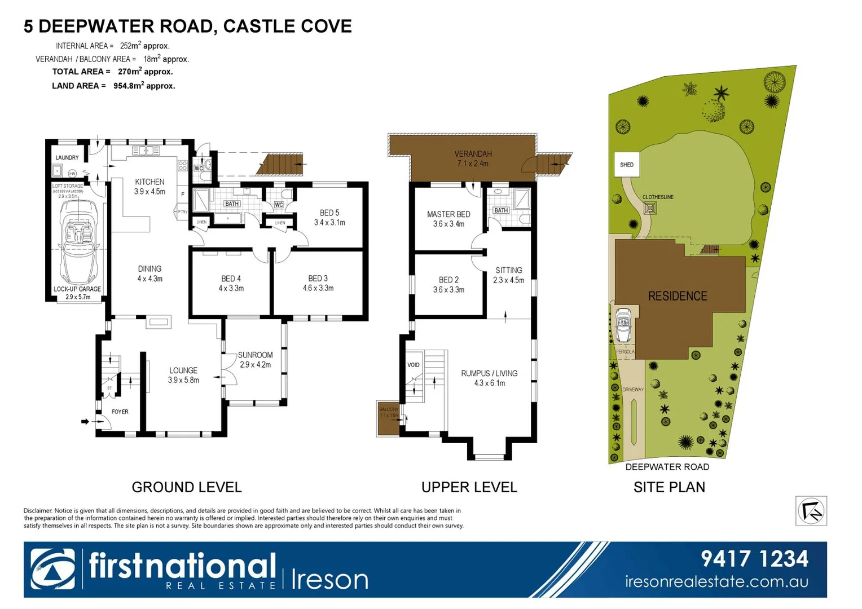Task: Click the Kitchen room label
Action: [149, 182]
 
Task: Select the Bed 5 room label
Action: [329, 213]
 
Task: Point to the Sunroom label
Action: [255, 355]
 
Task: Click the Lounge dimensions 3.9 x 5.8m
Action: [183, 380]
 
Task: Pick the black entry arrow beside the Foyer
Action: [85, 421]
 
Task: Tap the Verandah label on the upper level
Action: [473, 153]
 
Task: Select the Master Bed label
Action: [448, 214]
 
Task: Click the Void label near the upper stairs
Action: [414, 365]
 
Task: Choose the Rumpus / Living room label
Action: [489, 373]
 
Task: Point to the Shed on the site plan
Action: [627, 165]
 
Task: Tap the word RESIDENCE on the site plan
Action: [677, 296]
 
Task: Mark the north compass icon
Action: [811, 511]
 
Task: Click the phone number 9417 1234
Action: [754, 559]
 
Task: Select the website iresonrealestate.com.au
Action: [716, 581]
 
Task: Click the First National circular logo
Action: [52, 569]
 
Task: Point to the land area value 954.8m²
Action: [144, 86]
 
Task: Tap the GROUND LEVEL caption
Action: [187, 487]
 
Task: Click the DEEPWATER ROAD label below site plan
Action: [667, 467]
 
